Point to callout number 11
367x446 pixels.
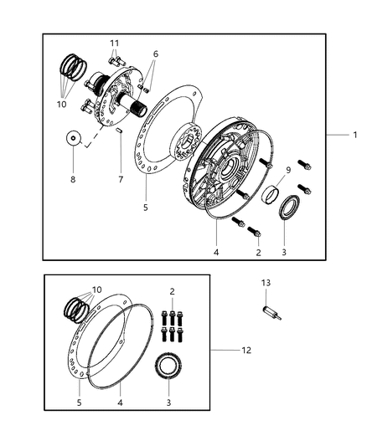point(115,43)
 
